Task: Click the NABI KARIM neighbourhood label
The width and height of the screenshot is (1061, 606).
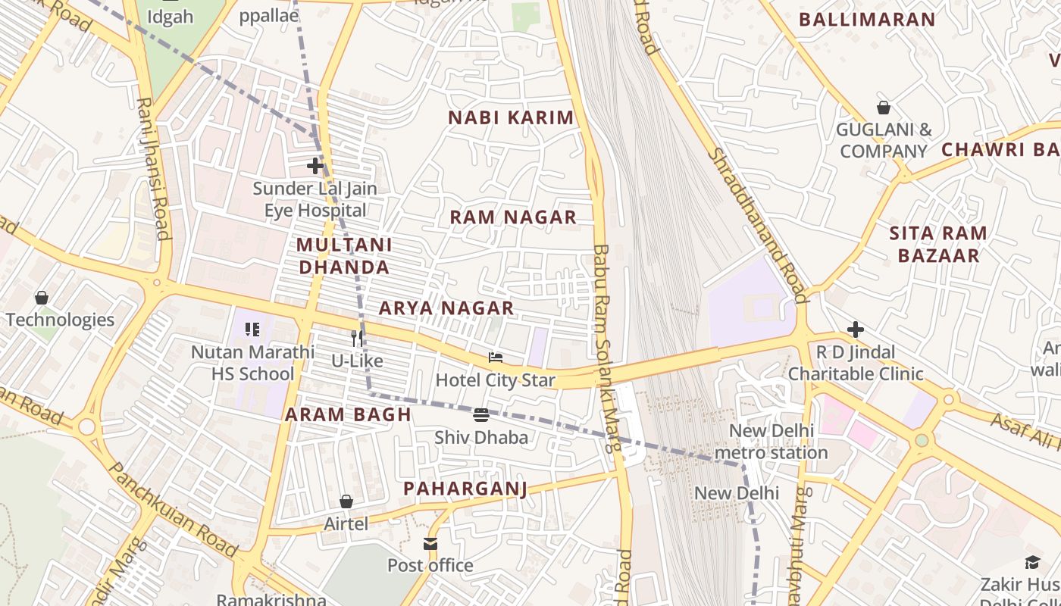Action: [x=511, y=118]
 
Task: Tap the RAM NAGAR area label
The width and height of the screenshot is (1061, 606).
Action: [x=513, y=217]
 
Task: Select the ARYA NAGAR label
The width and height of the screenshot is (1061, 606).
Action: [x=446, y=308]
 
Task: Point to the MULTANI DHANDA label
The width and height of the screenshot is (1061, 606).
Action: [x=344, y=256]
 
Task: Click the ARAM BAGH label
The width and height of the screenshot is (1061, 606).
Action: [x=348, y=414]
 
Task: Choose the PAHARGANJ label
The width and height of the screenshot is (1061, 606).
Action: [x=465, y=489]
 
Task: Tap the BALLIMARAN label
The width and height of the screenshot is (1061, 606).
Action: [x=867, y=20]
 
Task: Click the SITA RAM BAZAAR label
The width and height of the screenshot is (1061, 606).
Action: [x=938, y=244]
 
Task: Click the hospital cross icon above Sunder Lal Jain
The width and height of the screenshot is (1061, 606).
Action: [x=315, y=165]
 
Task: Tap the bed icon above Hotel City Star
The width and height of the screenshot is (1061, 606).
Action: [x=496, y=358]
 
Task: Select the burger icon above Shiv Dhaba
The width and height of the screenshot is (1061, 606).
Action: [x=481, y=414]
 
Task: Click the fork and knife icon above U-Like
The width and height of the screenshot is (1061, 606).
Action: [x=356, y=338]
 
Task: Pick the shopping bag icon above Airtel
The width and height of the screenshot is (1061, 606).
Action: [x=346, y=501]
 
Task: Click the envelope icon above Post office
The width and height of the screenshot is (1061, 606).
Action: [x=430, y=543]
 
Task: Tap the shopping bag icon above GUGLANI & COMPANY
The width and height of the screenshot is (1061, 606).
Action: [x=884, y=108]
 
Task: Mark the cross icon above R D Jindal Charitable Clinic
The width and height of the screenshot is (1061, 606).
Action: [x=856, y=330]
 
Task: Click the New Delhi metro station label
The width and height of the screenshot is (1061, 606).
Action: [x=771, y=442]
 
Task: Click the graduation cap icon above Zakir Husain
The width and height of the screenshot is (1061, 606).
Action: [x=1032, y=562]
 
